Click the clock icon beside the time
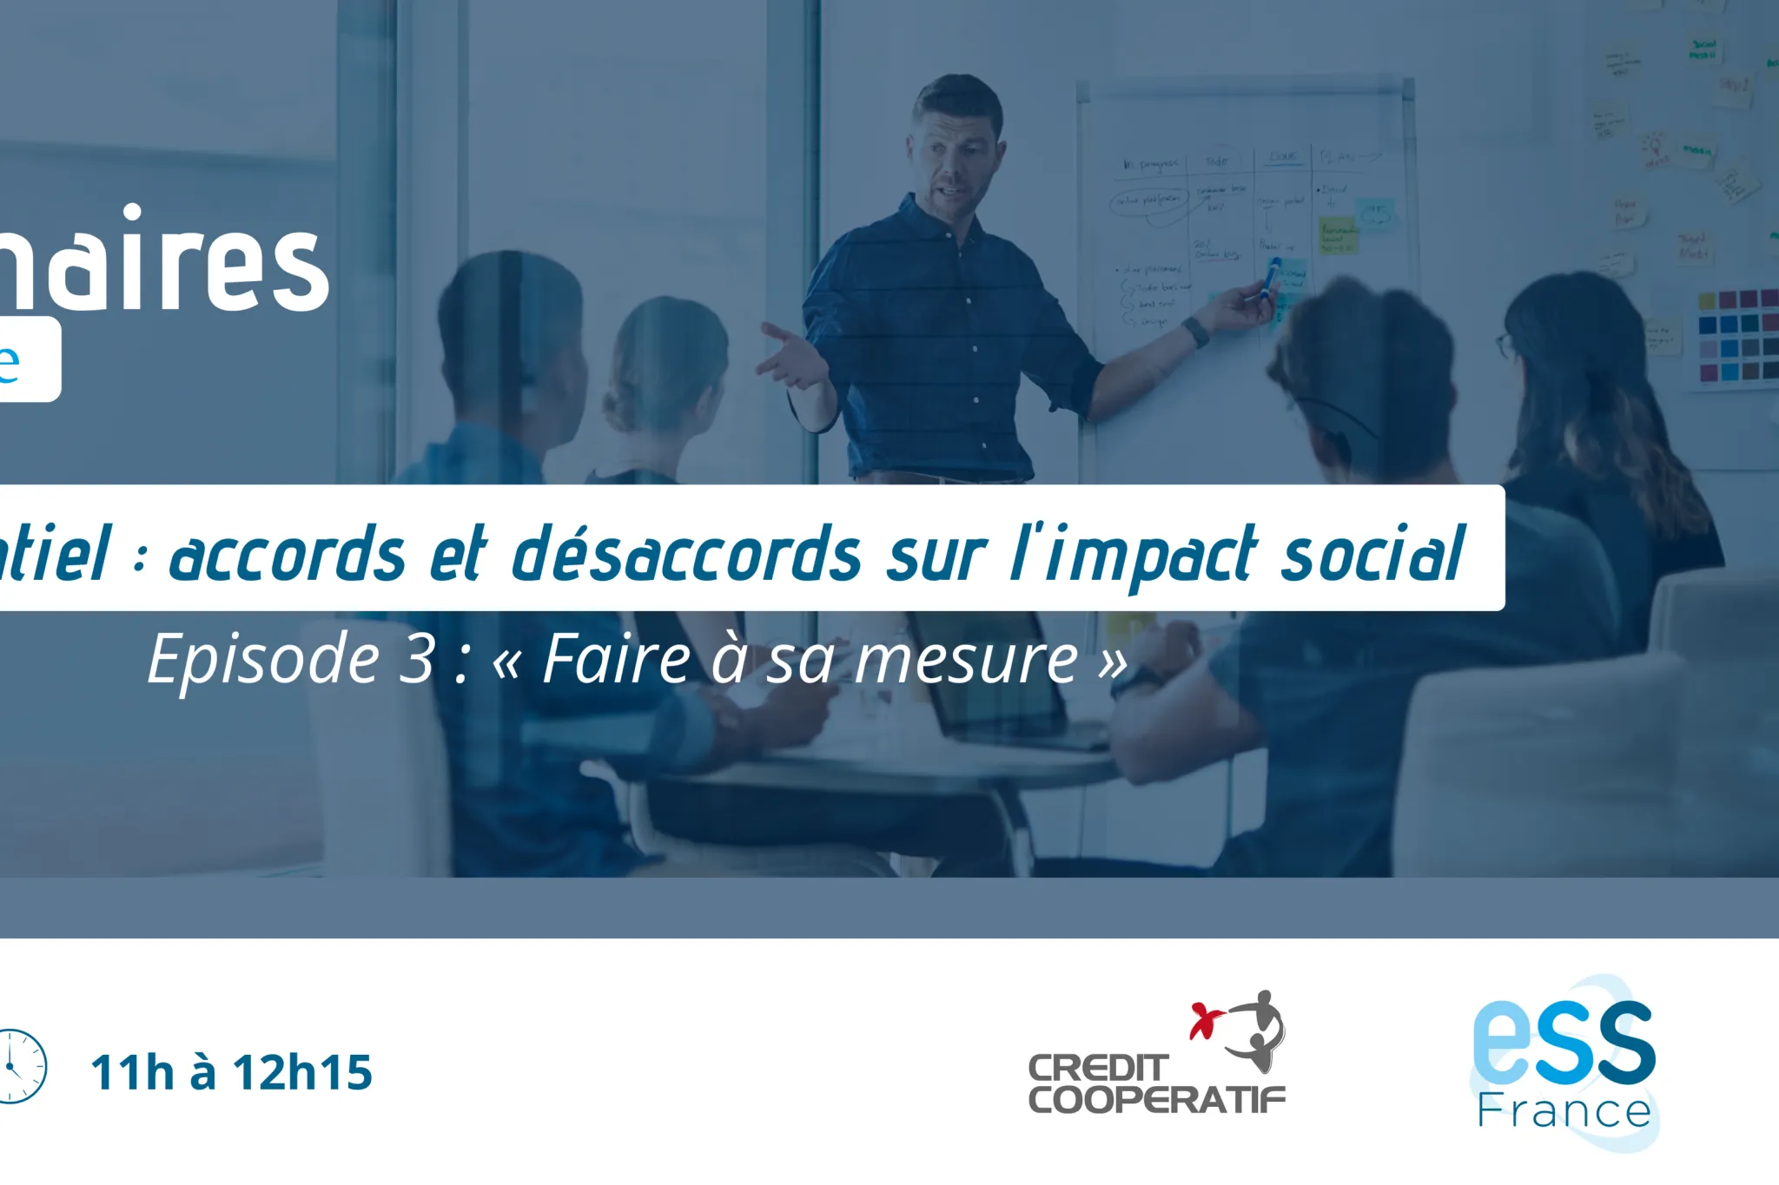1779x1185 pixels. pyautogui.click(x=19, y=1067)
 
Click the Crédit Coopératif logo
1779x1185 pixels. pyautogui.click(x=1156, y=1056)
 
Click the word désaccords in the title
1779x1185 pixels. pyautogui.click(x=686, y=555)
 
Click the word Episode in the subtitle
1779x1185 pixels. pyautogui.click(x=264, y=660)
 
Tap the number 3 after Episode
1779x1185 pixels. pyautogui.click(x=417, y=660)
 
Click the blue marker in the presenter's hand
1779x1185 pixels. pyautogui.click(x=1271, y=275)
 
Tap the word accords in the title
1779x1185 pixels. pyautogui.click(x=287, y=555)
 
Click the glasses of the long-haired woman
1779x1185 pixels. pyautogui.click(x=1503, y=345)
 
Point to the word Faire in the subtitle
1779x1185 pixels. pyautogui.click(x=616, y=660)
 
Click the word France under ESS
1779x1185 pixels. pyautogui.click(x=1564, y=1112)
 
